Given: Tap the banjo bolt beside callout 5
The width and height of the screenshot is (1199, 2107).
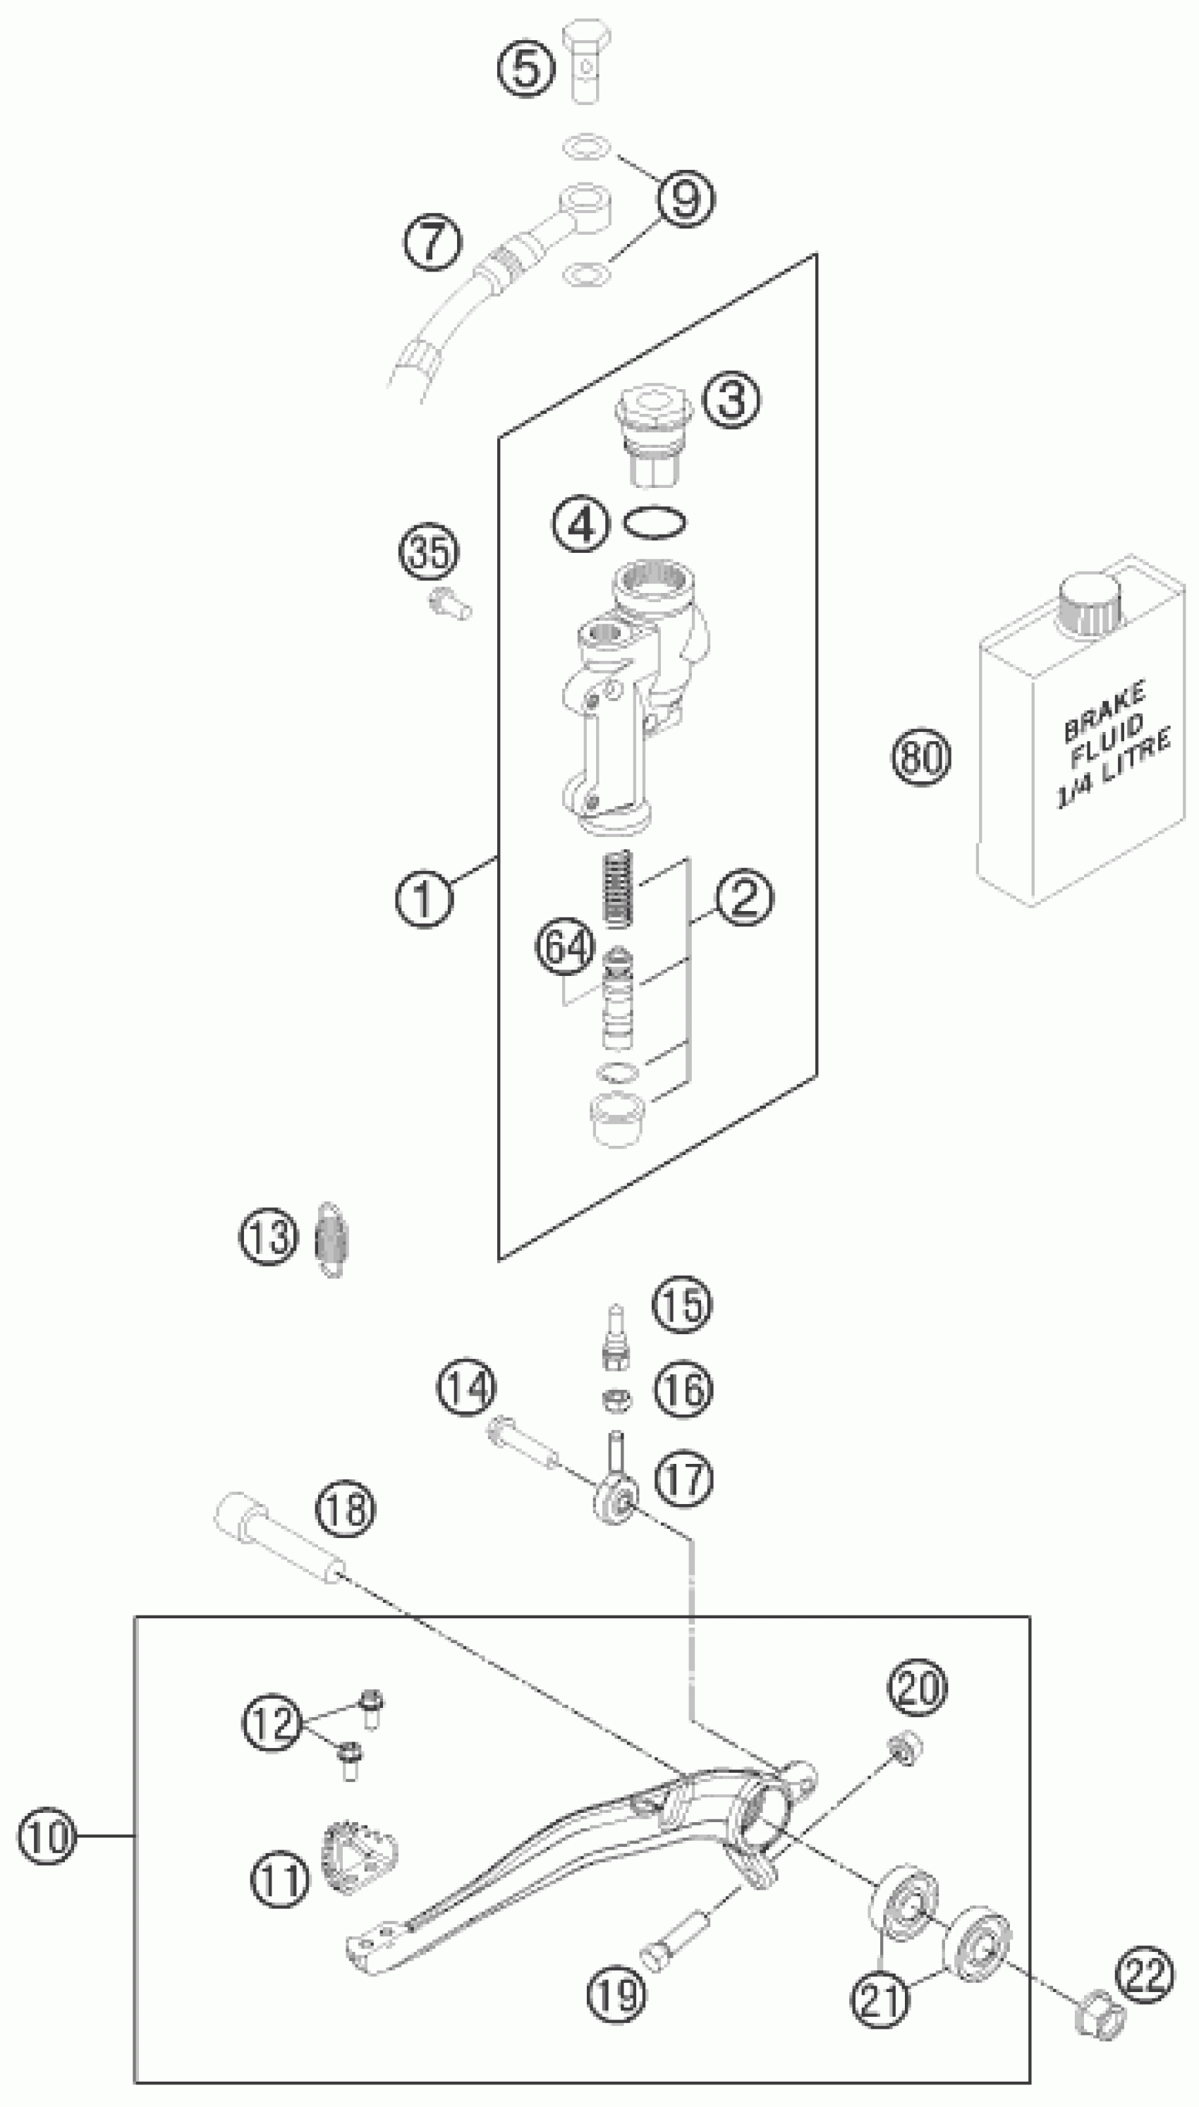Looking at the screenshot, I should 587,62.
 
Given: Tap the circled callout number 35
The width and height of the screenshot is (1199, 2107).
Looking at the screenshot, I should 430,551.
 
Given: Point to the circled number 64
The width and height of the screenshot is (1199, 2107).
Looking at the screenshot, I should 565,947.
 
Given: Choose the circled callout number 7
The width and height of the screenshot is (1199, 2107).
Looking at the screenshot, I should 432,241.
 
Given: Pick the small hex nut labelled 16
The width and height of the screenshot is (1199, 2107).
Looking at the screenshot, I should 614,1398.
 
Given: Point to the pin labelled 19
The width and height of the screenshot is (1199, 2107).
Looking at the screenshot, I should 676,1941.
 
